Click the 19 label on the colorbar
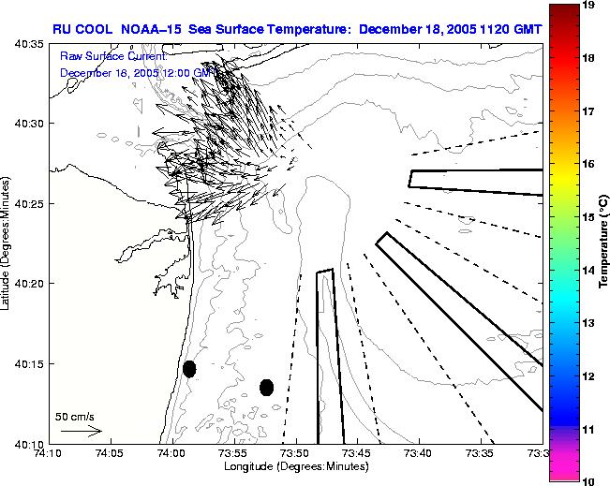[x=588, y=6]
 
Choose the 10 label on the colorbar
[x=588, y=481]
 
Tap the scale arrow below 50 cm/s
[x=81, y=431]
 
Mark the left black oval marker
[x=189, y=369]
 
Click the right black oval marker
[x=266, y=387]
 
